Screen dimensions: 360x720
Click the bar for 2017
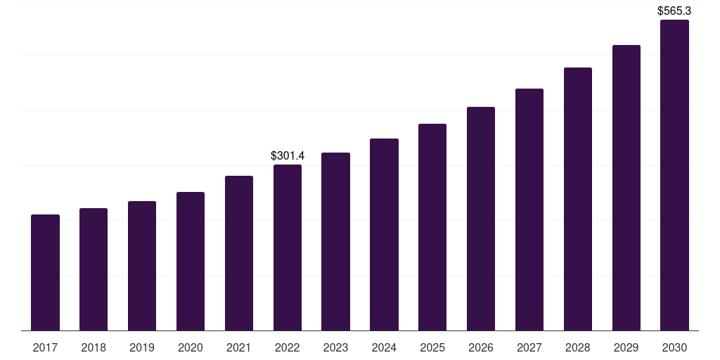pyautogui.click(x=45, y=273)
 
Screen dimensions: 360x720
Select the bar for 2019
pyautogui.click(x=142, y=266)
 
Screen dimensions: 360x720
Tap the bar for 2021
pyautogui.click(x=239, y=253)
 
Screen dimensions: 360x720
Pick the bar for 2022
pyautogui.click(x=288, y=247)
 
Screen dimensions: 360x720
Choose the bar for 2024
pyautogui.click(x=384, y=235)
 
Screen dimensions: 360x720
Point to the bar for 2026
pyautogui.click(x=481, y=219)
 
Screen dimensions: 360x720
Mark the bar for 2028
pyautogui.click(x=578, y=199)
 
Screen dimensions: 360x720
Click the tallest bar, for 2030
pyautogui.click(x=674, y=175)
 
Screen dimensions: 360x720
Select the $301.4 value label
pyautogui.click(x=288, y=155)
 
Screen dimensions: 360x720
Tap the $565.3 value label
pyautogui.click(x=674, y=11)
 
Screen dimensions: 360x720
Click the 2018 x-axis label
pyautogui.click(x=94, y=347)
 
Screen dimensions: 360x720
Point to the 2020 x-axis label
pyautogui.click(x=191, y=347)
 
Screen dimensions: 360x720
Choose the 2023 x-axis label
pyautogui.click(x=335, y=347)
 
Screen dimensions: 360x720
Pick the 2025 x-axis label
pyautogui.click(x=432, y=347)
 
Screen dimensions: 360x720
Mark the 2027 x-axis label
pyautogui.click(x=529, y=347)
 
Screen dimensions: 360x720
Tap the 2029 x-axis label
pyautogui.click(x=626, y=347)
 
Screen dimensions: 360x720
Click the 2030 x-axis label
pyautogui.click(x=674, y=347)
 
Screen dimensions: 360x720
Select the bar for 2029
pyautogui.click(x=626, y=188)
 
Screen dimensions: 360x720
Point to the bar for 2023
pyautogui.click(x=335, y=241)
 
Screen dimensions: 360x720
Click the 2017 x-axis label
pyautogui.click(x=45, y=347)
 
